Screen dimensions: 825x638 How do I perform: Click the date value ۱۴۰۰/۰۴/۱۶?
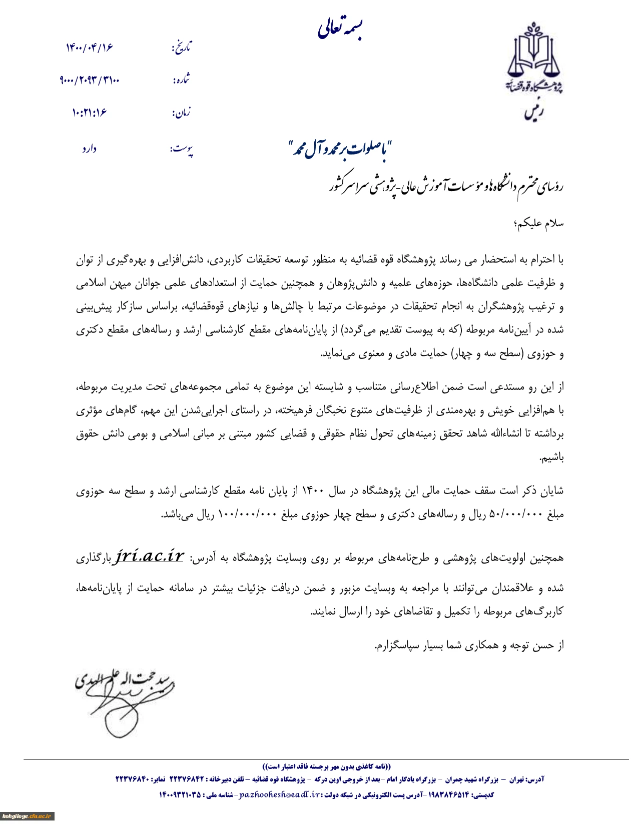coord(89,47)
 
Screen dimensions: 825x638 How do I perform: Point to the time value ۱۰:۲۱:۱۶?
coord(89,112)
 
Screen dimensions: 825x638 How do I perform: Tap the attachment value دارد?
coord(89,149)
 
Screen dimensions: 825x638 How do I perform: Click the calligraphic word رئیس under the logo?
coord(534,112)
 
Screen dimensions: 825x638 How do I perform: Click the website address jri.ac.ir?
coord(150,556)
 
